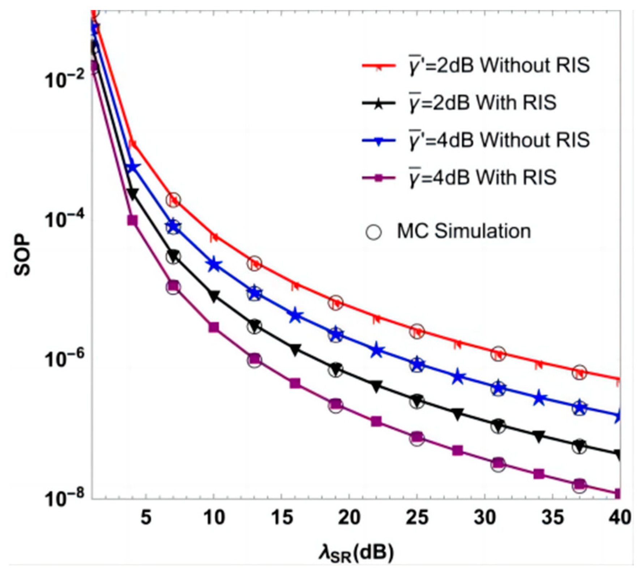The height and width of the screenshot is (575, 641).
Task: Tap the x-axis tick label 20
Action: (349, 518)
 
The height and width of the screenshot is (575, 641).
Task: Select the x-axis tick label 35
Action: (553, 518)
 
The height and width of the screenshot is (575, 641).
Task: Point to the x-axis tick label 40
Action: (620, 518)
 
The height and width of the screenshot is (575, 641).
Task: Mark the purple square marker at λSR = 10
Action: (214, 327)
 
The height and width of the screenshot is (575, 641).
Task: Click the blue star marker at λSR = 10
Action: (214, 265)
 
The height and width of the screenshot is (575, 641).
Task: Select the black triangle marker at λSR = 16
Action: (295, 349)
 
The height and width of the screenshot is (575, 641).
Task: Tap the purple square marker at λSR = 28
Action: (458, 451)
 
